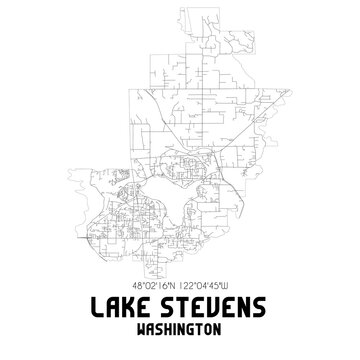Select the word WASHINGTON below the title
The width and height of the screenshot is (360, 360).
point(180,329)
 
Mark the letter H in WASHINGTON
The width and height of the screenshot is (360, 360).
point(171,329)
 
